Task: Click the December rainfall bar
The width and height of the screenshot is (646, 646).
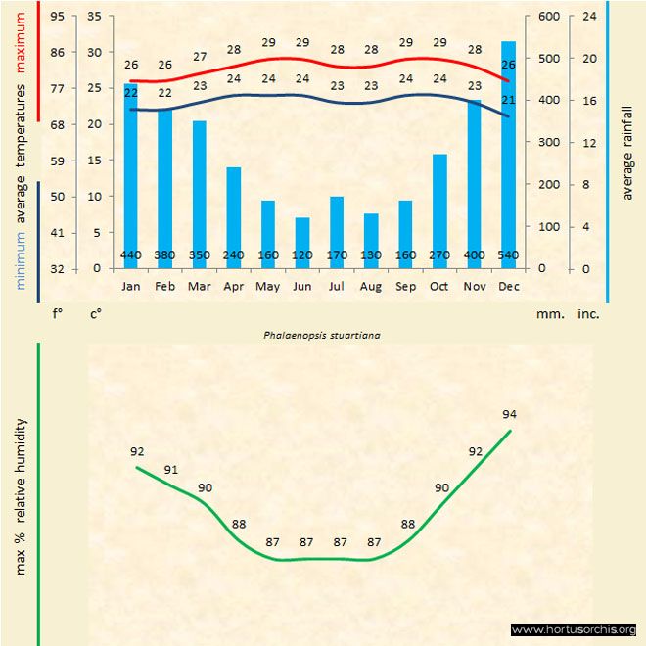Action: click(x=508, y=147)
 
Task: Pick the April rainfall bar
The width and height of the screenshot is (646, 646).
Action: click(x=233, y=210)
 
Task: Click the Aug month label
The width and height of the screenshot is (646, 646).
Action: click(x=371, y=287)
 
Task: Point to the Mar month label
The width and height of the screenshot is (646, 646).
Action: click(x=200, y=287)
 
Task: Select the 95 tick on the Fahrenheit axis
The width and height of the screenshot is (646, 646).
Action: click(x=58, y=17)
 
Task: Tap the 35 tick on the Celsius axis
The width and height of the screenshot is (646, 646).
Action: click(x=95, y=17)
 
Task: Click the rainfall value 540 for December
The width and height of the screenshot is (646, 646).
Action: click(x=508, y=256)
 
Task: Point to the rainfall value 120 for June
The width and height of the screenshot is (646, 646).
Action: click(x=302, y=256)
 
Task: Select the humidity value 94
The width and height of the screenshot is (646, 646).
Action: click(x=509, y=414)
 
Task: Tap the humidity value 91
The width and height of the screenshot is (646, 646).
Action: click(x=171, y=470)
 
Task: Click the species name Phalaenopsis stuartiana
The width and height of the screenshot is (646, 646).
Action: click(x=322, y=334)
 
